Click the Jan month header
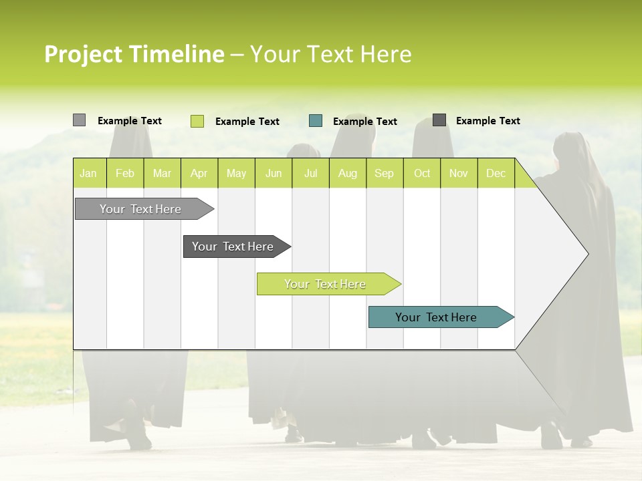click(88, 173)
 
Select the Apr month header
click(199, 173)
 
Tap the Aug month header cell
click(347, 173)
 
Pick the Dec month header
click(496, 173)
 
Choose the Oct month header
click(422, 173)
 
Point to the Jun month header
click(274, 173)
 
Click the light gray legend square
click(79, 120)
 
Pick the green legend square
click(197, 121)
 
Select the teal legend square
click(316, 121)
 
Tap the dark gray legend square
click(439, 120)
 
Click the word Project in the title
click(83, 54)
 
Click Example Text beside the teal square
click(365, 122)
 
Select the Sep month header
click(384, 173)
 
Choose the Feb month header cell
click(125, 173)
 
